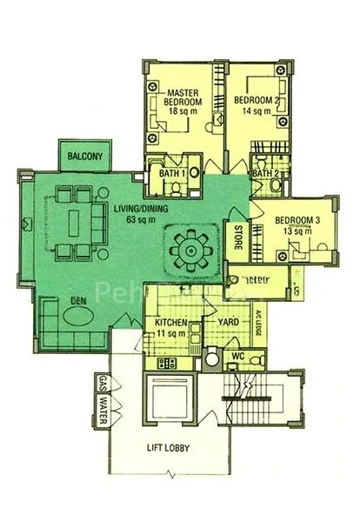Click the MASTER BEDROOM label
pyautogui.click(x=183, y=97)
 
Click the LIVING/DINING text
pyautogui.click(x=141, y=209)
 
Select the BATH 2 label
pyautogui.click(x=265, y=173)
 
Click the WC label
pyautogui.click(x=237, y=357)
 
